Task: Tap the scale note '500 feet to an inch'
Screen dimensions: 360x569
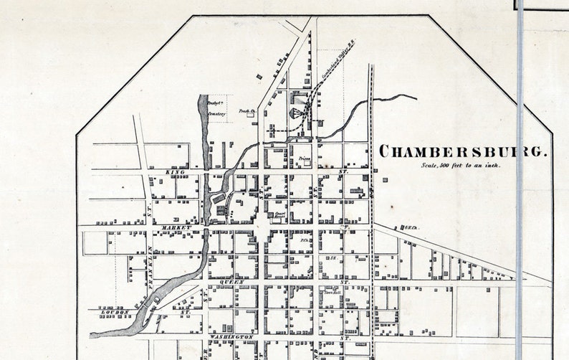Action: [461, 166]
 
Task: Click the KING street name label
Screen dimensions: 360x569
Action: [175, 173]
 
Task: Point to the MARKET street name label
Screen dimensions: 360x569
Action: [176, 227]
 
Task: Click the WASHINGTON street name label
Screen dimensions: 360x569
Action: [231, 336]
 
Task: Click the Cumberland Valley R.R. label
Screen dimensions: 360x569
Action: [335, 65]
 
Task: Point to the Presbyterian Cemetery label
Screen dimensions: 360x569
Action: [216, 108]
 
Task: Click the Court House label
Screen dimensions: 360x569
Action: [280, 214]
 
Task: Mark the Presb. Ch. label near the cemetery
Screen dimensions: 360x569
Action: [247, 112]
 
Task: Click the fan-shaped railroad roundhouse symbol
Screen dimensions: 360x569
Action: [296, 113]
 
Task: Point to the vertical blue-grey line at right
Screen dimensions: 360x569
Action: [520, 179]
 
